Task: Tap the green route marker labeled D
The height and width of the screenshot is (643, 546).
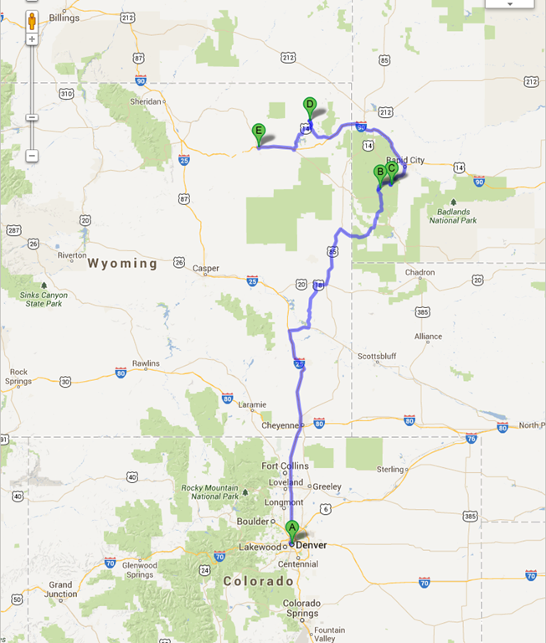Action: [x=309, y=105]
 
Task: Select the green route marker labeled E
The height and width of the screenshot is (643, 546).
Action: [x=259, y=131]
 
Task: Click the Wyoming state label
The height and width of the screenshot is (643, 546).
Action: [x=122, y=263]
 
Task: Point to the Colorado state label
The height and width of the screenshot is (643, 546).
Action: [x=259, y=580]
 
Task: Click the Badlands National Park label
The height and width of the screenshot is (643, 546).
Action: [x=453, y=215]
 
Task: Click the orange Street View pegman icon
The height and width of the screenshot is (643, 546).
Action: [x=32, y=21]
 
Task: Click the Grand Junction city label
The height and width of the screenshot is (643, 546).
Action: [x=60, y=589]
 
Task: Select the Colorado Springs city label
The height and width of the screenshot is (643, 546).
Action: [x=302, y=608]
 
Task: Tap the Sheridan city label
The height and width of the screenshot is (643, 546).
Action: [x=145, y=101]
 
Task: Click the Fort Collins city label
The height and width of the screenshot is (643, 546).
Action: [x=285, y=466]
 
